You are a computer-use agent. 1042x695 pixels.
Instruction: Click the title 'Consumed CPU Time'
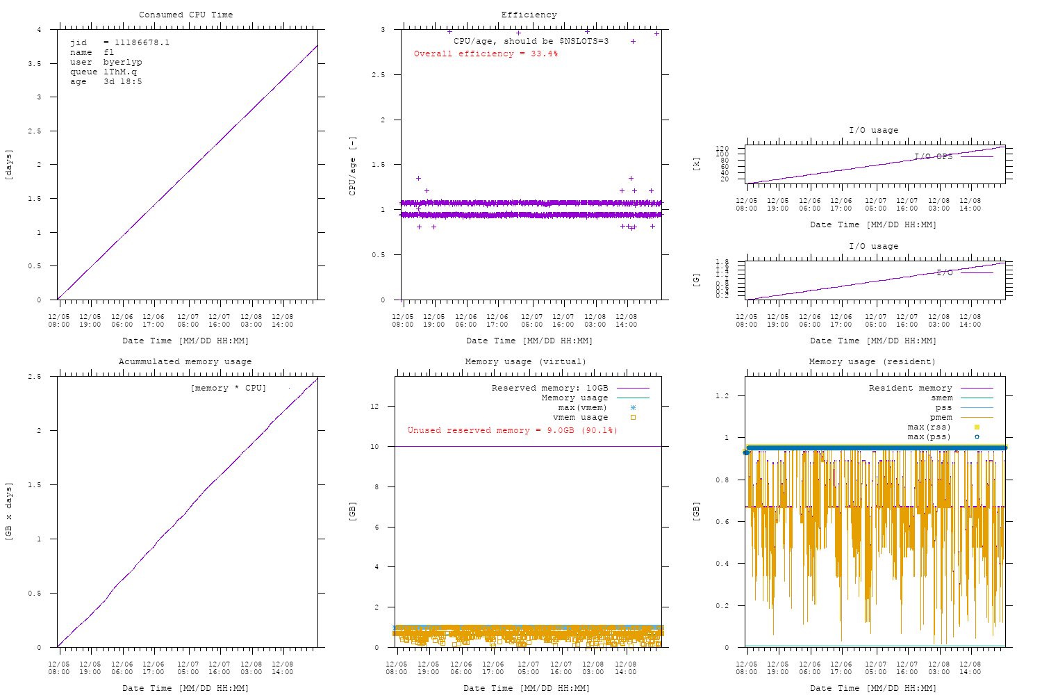click(185, 15)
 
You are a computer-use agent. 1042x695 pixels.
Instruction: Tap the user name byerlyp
click(122, 62)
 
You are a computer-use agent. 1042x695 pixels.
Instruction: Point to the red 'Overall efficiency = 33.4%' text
click(486, 54)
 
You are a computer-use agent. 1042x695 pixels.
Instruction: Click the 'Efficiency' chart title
click(529, 15)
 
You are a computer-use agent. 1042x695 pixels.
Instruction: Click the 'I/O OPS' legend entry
click(934, 156)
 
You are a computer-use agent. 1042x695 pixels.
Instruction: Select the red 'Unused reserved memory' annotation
click(512, 430)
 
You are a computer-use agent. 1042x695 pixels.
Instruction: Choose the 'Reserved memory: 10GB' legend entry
click(549, 388)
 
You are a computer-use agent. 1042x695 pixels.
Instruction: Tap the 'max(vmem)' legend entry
click(582, 407)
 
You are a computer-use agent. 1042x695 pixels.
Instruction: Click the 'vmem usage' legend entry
click(580, 417)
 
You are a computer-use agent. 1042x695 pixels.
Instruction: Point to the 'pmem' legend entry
click(941, 417)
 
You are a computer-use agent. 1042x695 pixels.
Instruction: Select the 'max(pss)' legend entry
click(929, 436)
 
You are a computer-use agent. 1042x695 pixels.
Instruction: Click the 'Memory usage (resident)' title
click(872, 361)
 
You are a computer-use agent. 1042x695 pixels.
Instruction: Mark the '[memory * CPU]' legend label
click(228, 388)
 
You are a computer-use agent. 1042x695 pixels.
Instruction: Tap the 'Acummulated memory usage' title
click(185, 361)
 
